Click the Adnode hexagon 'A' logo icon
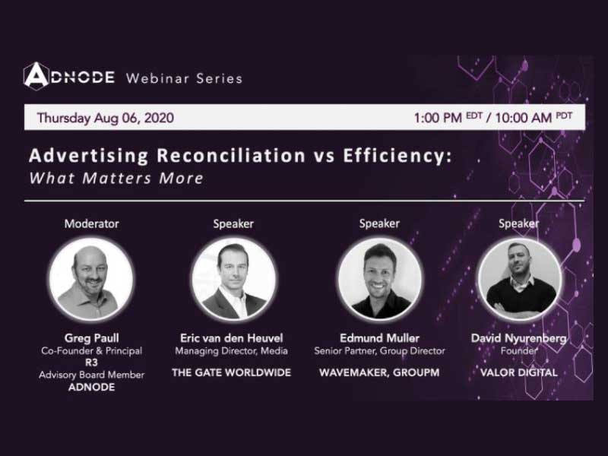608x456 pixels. coord(36,76)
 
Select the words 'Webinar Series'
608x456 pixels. coord(184,79)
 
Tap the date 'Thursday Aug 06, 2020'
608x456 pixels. coord(106,118)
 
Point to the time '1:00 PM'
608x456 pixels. coord(438,118)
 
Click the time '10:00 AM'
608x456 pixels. coord(524,118)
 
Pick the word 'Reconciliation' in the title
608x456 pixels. coord(232,156)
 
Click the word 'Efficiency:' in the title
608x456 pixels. coord(397,156)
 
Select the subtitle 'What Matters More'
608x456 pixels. coord(116,178)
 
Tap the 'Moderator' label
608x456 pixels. coord(91,223)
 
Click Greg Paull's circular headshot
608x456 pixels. coord(91,279)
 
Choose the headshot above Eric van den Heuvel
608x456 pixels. coord(234,279)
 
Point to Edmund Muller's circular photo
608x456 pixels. coord(380,279)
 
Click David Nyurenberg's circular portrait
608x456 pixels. coord(520,279)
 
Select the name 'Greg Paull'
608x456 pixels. coord(91,338)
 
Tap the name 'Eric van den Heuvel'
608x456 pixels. coord(232,338)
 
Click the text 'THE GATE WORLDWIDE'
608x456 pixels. coord(232,372)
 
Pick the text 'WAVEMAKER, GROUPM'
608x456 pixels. coord(379,372)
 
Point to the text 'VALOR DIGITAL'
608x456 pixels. coord(519,372)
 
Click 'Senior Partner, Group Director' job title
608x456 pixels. coord(379,351)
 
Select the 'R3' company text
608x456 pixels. coord(91,363)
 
